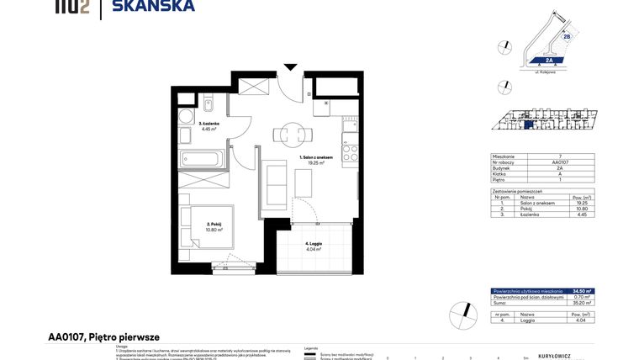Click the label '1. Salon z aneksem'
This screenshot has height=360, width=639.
click(x=317, y=157)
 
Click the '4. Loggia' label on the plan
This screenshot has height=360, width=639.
click(x=314, y=244)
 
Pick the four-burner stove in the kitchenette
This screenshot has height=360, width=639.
click(x=350, y=152)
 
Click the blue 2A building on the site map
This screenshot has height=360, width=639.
click(x=547, y=61)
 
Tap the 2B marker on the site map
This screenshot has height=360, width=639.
click(x=566, y=37)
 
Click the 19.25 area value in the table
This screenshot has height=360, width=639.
click(x=582, y=203)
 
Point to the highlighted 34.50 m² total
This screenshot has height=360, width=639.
click(x=582, y=290)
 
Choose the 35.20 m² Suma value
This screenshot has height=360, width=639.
click(x=582, y=303)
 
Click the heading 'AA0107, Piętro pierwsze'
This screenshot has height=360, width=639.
click(x=103, y=336)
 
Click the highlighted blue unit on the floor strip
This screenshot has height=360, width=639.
click(x=527, y=124)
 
